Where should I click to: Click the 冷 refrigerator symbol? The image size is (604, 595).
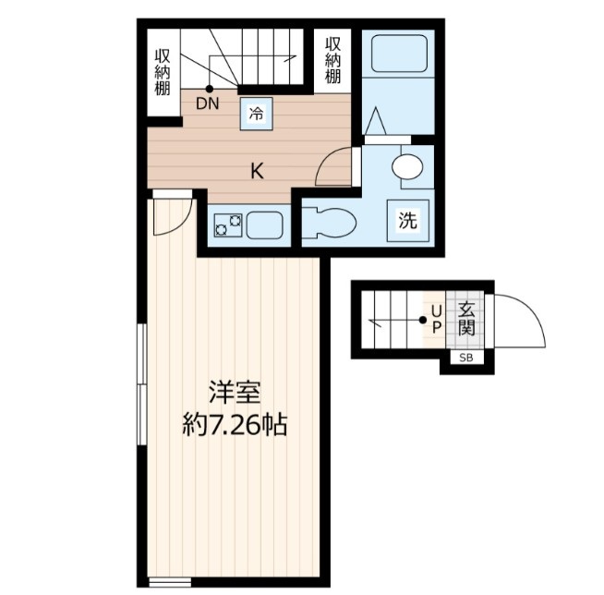256,114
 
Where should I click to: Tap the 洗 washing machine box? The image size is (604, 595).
407,221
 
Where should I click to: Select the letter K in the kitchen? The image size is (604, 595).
257,170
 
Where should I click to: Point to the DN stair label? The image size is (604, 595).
207,103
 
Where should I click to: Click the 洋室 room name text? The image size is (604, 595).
233,392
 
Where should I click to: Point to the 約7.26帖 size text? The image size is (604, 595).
233,426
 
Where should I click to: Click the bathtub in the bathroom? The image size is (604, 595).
397,55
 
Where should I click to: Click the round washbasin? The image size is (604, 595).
405,167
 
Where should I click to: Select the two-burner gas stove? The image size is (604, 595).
227,224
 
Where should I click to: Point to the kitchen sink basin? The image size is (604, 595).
266,224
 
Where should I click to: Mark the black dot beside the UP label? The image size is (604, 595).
422,321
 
